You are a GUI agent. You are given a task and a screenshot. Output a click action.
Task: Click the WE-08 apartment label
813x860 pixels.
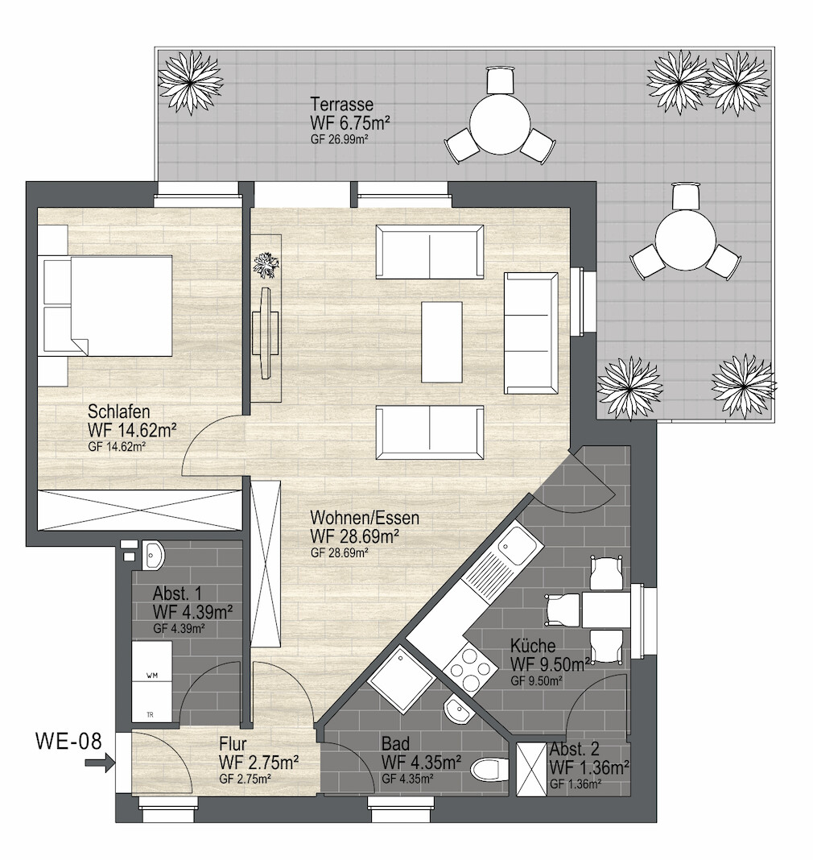click(x=68, y=741)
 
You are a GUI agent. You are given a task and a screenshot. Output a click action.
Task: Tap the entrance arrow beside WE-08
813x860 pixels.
click(x=100, y=763)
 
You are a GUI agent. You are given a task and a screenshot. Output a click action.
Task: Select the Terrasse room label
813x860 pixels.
click(x=342, y=104)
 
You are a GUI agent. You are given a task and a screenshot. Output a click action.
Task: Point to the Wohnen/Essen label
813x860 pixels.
click(x=365, y=517)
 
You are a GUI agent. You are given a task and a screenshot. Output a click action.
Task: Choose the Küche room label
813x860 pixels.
click(x=533, y=645)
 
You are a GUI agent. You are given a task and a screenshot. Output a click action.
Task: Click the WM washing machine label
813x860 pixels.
click(x=152, y=676)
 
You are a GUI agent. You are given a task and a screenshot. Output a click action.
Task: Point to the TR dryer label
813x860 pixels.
click(x=151, y=715)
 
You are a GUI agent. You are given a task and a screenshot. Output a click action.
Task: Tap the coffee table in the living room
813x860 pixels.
click(x=442, y=341)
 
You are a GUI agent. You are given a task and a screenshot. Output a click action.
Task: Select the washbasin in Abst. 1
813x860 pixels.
click(x=153, y=555)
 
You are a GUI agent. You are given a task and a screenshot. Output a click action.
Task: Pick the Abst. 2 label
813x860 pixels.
click(x=575, y=749)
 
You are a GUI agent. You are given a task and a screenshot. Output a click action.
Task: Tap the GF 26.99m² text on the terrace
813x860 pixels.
click(x=339, y=139)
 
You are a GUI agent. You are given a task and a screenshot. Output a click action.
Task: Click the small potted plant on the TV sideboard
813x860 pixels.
click(x=266, y=265)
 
